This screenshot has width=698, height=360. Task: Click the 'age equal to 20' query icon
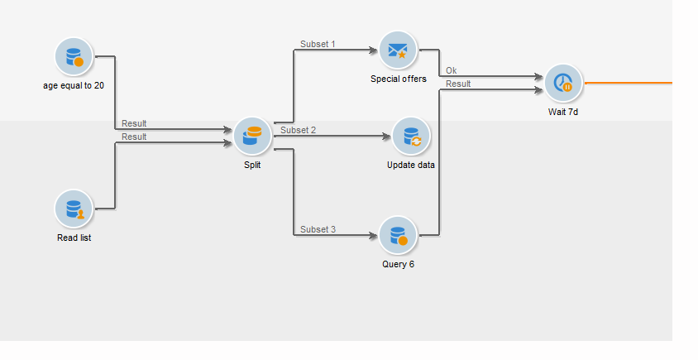coord(74,56)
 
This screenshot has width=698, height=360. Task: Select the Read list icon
coord(74,208)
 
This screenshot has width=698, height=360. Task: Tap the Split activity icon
coord(252,136)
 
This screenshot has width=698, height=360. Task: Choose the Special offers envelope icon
coord(399,50)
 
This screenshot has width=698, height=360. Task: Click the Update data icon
coord(411,136)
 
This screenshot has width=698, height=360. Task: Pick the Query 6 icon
coord(399,236)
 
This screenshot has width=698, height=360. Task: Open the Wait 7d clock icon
coord(563,83)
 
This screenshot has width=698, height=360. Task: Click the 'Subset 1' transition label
coord(318,44)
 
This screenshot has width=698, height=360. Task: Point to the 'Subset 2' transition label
coord(298,130)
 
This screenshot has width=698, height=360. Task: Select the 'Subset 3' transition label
coord(318,229)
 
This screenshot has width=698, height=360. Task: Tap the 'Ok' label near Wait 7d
coord(451,70)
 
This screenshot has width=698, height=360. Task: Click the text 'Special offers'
coord(399,79)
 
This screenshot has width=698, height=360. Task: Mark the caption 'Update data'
coord(411,165)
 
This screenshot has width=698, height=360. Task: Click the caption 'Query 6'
coord(399,264)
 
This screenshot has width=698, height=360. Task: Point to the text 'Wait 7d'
coord(563,111)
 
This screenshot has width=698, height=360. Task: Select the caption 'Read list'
coord(74,238)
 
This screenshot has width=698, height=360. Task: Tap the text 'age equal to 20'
coord(74,84)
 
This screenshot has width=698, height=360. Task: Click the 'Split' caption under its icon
coord(252,165)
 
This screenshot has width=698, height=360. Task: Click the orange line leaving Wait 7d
coord(629,84)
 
